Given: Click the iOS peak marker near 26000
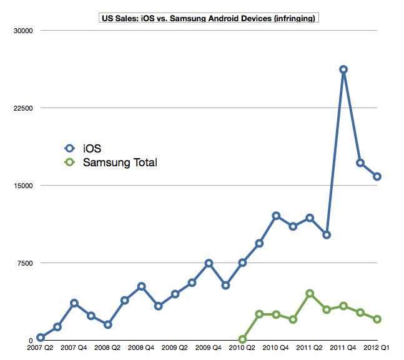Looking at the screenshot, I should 343,69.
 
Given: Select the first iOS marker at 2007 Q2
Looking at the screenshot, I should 41,337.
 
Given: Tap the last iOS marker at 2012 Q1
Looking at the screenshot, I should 377,176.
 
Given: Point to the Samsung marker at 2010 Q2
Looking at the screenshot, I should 242,339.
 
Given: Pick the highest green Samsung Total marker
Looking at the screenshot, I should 310,293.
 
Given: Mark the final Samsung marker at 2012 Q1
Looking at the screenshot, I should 377,319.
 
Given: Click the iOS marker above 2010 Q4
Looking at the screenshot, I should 276,216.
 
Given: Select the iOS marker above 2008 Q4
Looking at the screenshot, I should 141,286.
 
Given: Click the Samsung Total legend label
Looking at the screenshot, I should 120,163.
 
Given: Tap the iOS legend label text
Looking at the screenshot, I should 92,148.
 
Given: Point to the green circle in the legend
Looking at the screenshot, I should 70,163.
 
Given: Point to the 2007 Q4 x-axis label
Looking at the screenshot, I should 74,347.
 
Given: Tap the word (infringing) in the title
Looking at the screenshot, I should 294,19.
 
